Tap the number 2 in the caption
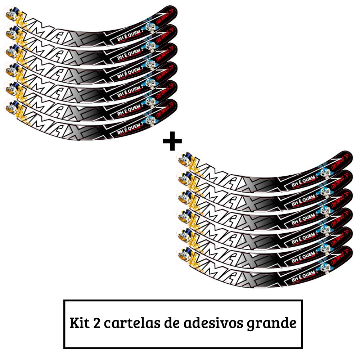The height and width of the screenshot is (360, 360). pyautogui.click(x=97, y=323)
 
